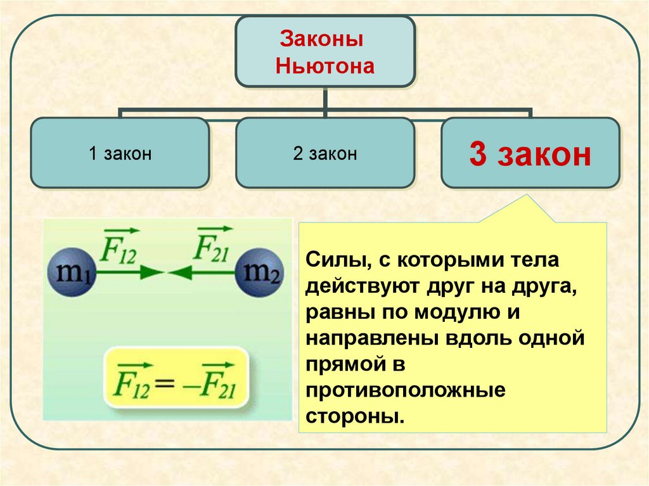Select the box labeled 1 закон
click(120, 153)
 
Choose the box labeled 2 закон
click(325, 153)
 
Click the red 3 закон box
click(530, 154)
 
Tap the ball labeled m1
click(70, 274)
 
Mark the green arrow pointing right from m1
click(130, 273)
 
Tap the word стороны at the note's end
click(354, 416)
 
